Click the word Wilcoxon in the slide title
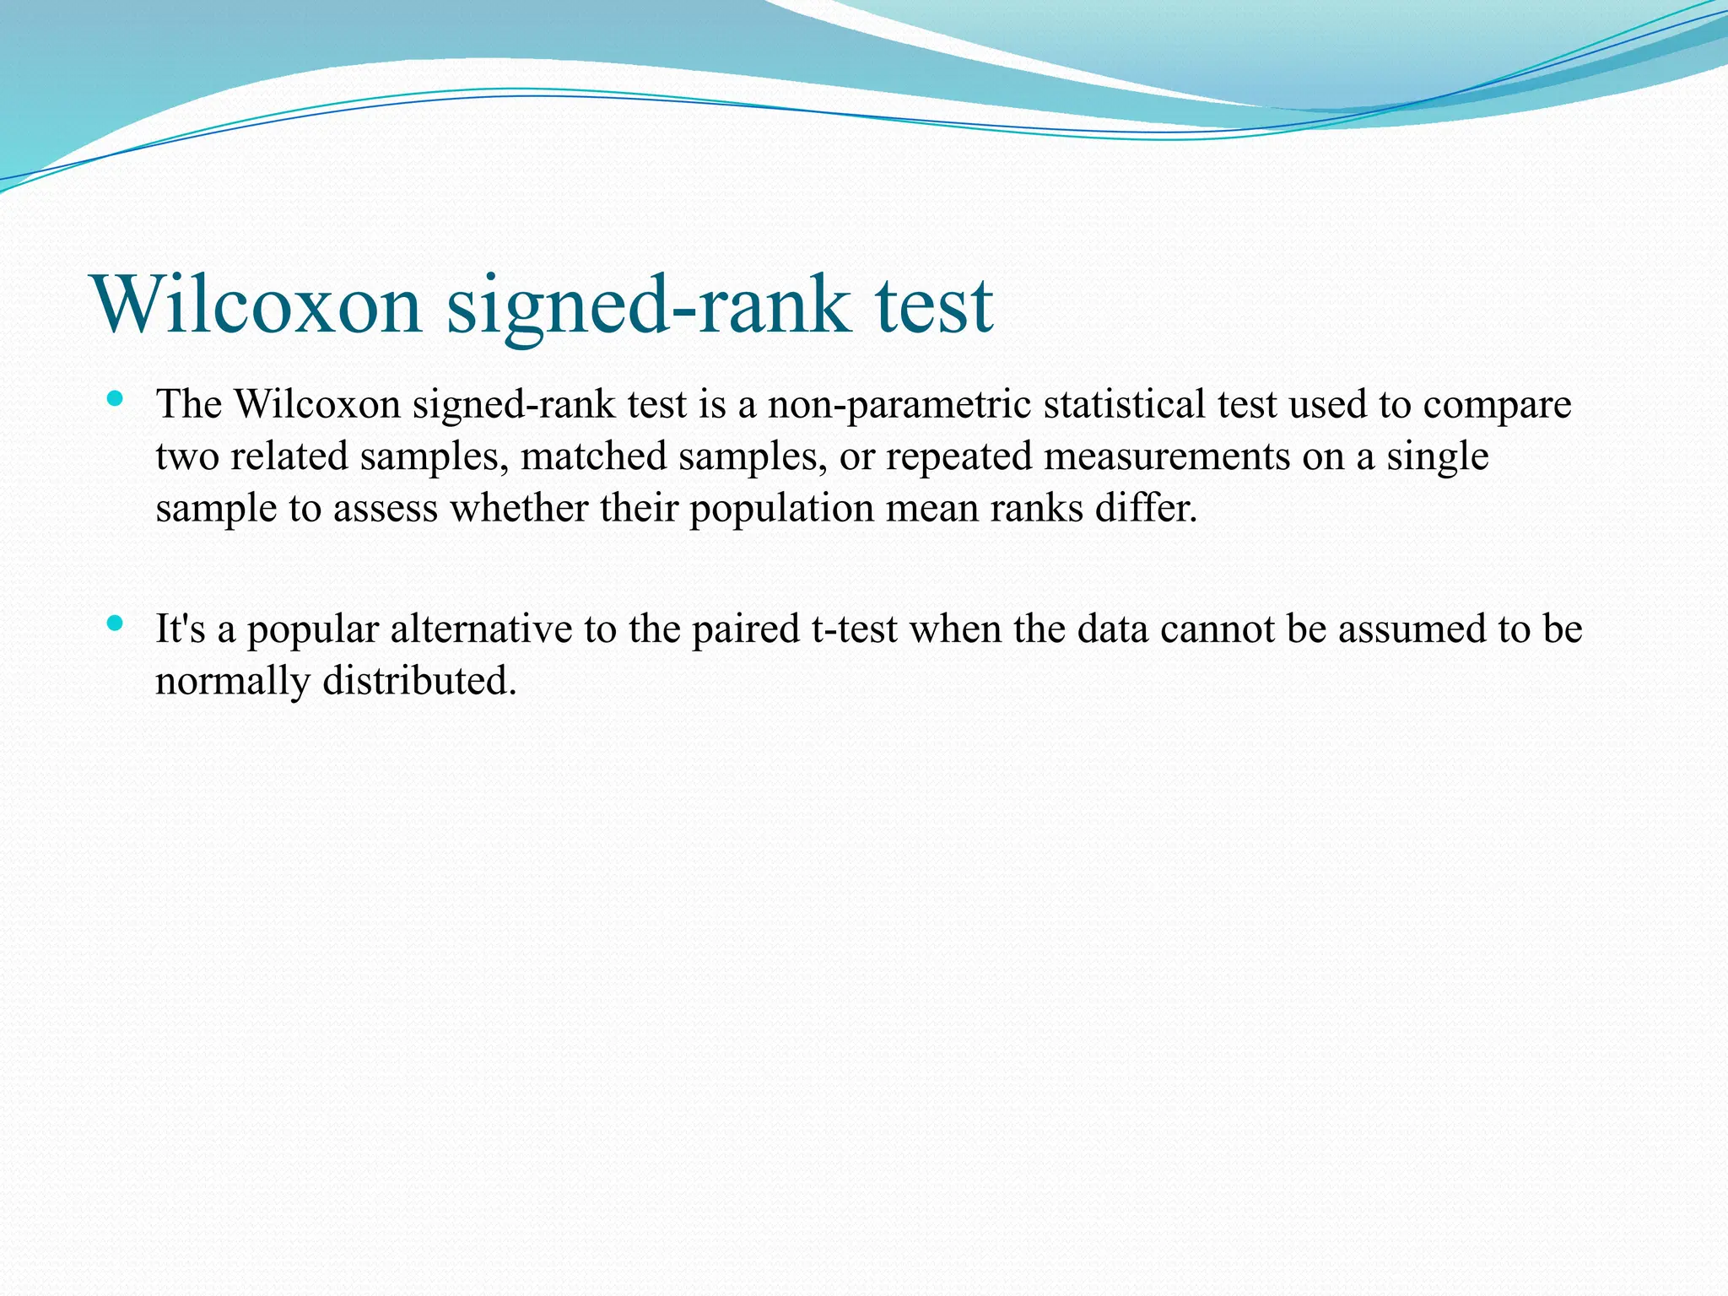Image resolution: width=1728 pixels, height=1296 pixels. pos(258,305)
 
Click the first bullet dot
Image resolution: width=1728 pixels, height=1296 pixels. pos(116,398)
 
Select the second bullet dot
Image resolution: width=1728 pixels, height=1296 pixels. pos(116,624)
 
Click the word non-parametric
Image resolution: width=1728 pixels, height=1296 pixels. pos(899,404)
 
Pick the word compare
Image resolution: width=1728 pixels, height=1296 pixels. pos(1497,404)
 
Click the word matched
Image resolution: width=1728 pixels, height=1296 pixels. pos(594,456)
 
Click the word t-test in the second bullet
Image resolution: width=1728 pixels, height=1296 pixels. pos(854,629)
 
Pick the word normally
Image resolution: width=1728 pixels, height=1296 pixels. pos(232,682)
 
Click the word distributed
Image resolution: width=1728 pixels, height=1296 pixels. pos(419,682)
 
